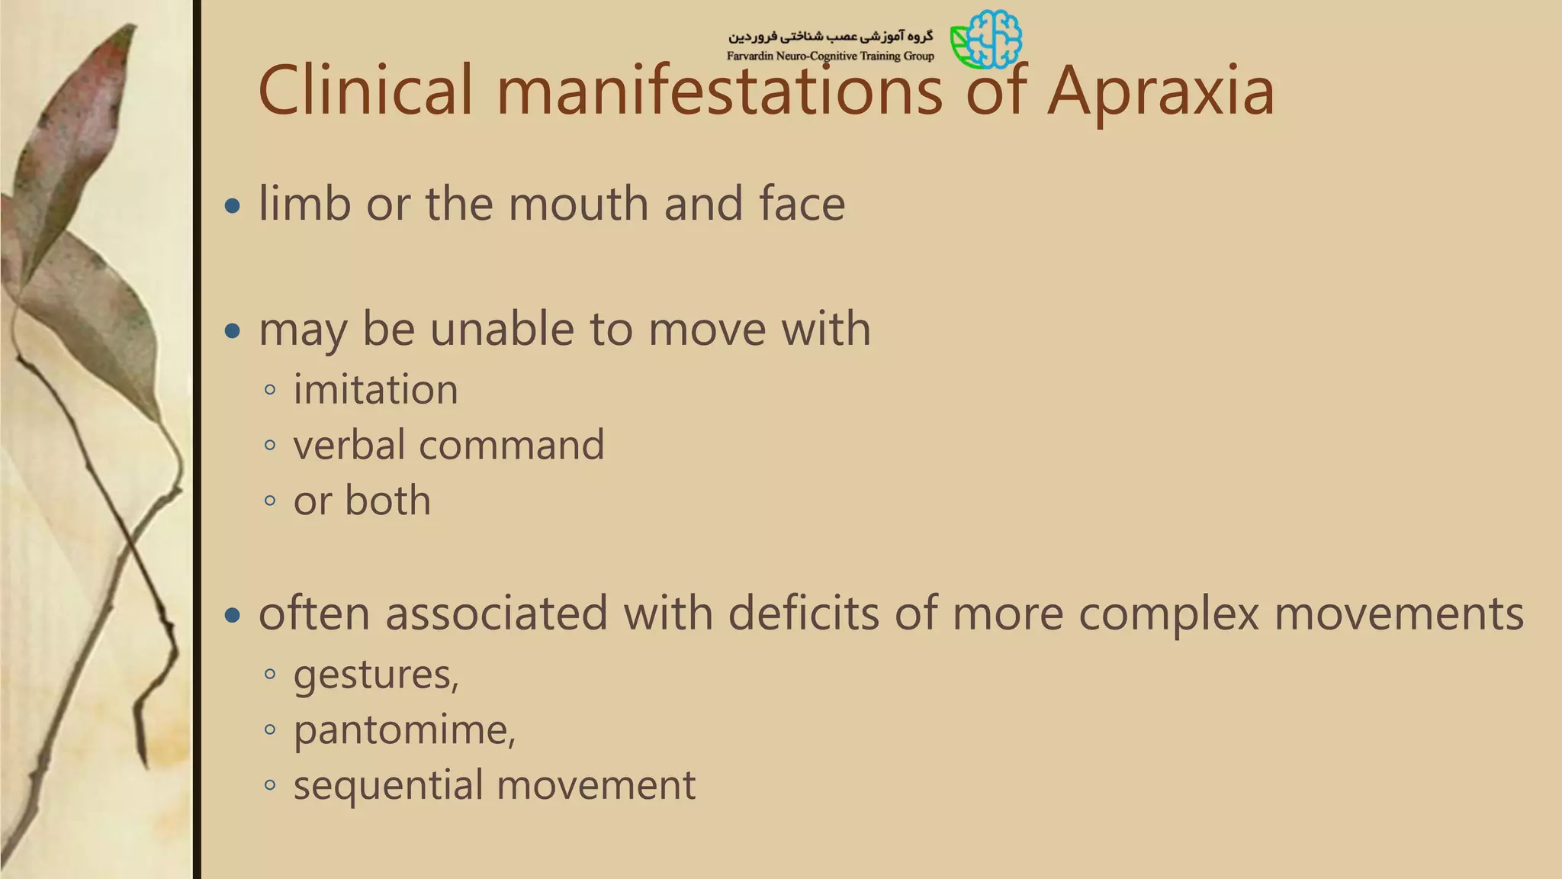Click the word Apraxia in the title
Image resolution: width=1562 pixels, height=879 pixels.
click(1160, 92)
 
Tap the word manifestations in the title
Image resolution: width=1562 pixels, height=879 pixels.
click(720, 92)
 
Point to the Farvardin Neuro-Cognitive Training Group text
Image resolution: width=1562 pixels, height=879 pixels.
click(830, 56)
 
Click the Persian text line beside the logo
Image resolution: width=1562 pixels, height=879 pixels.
click(830, 37)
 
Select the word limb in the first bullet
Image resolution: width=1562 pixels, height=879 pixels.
click(304, 204)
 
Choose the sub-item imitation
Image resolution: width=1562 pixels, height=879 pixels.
click(375, 390)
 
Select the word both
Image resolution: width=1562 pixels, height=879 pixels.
click(387, 501)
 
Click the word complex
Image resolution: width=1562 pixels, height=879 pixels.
click(1168, 614)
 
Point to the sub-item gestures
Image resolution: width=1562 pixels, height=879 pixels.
click(376, 675)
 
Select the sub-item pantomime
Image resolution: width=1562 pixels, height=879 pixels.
click(404, 730)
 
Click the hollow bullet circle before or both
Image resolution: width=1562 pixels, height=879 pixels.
click(269, 501)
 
